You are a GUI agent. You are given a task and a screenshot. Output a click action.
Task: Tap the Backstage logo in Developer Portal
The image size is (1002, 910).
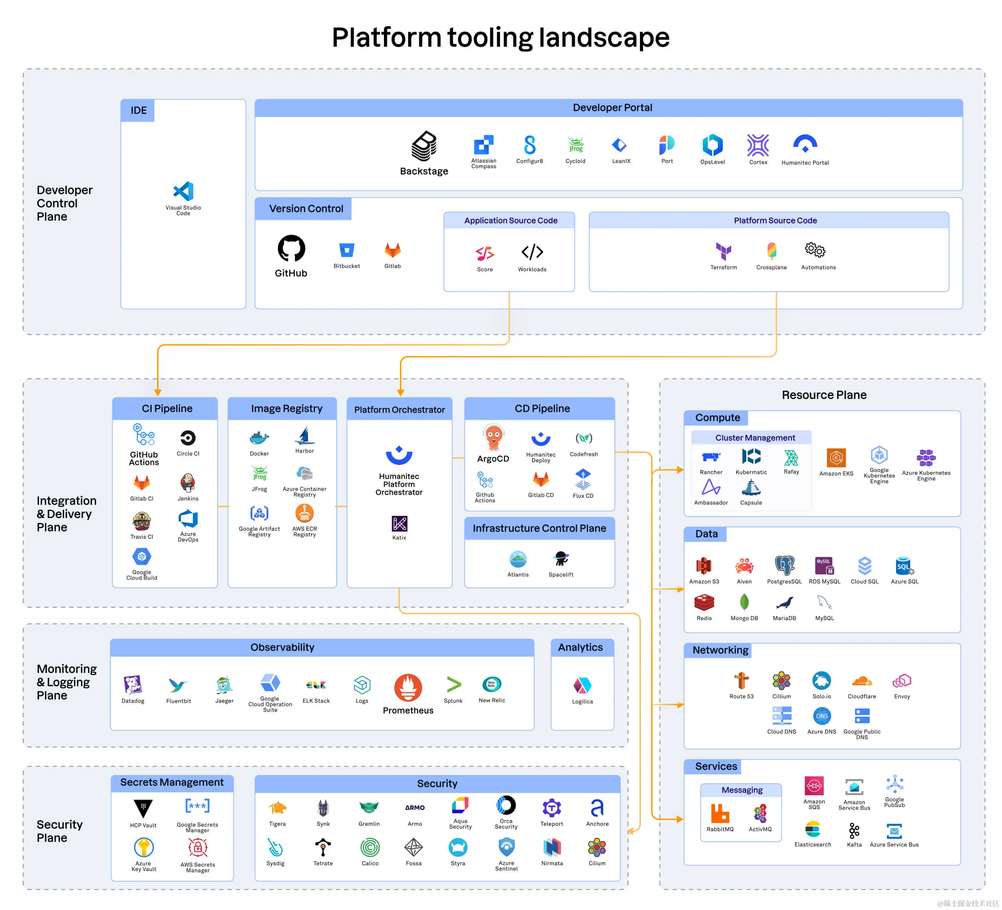coord(424,146)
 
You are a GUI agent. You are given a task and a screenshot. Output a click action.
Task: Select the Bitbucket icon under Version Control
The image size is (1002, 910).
coord(346,249)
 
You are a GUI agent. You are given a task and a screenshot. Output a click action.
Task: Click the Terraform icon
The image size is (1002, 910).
coord(723,251)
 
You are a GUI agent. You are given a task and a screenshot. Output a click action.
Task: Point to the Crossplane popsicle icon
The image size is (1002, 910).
coord(771,251)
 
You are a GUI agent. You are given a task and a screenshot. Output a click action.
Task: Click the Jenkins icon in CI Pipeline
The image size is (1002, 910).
coord(187,482)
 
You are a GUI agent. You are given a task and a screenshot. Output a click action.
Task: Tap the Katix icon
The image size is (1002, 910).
coord(399,523)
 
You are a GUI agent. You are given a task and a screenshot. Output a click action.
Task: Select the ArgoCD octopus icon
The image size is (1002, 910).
coord(493,437)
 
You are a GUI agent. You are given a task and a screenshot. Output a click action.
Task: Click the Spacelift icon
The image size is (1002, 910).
coord(561,558)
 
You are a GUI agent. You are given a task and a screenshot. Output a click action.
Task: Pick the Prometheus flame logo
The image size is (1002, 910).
coord(408,687)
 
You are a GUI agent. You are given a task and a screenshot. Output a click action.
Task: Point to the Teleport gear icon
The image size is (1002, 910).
coord(552,808)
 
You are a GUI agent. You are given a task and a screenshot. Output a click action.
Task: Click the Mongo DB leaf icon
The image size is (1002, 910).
coord(744,603)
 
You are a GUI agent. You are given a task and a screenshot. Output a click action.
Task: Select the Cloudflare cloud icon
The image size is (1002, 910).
coord(862,681)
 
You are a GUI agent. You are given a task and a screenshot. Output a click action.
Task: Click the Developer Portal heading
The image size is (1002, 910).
coord(612,107)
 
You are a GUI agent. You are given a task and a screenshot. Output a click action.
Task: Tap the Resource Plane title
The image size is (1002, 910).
coord(824,395)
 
